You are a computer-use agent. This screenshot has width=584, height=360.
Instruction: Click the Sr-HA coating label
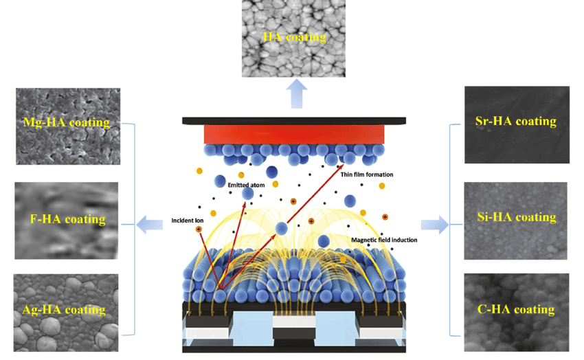515,122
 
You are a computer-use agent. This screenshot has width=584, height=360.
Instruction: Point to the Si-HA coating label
516,217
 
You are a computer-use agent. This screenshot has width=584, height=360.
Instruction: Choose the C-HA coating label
515,309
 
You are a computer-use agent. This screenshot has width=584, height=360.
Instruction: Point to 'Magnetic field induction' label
383,240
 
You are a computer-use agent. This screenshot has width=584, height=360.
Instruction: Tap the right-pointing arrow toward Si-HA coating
434,224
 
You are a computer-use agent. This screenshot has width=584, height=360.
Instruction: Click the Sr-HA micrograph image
516,124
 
